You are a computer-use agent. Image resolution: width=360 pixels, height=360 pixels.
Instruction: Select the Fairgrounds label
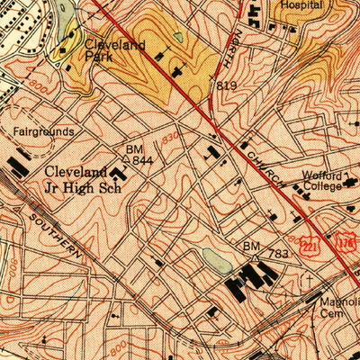[x=43, y=131]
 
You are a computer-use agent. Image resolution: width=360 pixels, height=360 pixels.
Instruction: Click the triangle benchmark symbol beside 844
[x=126, y=159]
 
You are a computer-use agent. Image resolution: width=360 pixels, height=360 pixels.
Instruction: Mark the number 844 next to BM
[x=142, y=160]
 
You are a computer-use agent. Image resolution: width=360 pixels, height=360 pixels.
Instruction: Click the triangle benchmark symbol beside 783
[x=255, y=256]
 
